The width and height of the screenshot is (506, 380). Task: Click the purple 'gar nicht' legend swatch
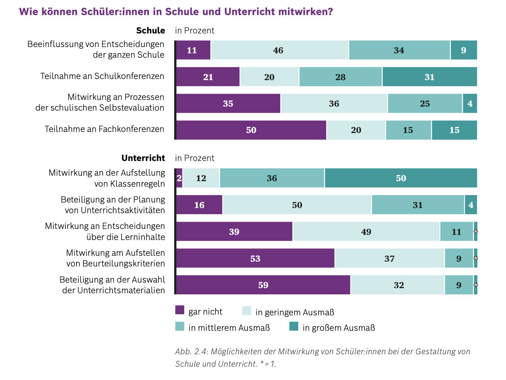coord(180,310)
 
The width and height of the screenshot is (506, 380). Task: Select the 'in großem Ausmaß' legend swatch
coord(294,326)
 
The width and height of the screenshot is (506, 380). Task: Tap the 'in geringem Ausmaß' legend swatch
coord(246,311)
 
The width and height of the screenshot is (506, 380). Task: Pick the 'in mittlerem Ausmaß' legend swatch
coord(180,326)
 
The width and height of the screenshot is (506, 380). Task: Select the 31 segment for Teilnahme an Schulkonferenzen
coord(430,77)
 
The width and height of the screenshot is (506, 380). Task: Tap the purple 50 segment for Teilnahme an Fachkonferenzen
coord(251,130)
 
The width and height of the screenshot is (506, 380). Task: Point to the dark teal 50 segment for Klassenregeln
coord(401,178)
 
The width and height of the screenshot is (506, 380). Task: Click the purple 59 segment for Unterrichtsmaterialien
coord(263,285)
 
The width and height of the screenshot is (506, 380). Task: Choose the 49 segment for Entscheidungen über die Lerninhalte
coord(366,232)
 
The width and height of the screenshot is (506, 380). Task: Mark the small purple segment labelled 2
coord(179,178)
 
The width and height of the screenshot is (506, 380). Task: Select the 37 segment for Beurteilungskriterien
coord(389,258)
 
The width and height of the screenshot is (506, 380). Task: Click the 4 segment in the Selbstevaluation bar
coord(470,104)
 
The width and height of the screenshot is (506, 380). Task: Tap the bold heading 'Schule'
coord(150,31)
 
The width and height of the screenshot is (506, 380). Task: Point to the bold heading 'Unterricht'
coord(143,158)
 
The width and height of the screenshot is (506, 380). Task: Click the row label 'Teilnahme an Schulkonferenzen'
coord(102,76)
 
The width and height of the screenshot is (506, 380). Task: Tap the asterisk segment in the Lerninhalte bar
coord(475,232)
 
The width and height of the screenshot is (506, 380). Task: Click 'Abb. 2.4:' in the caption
coord(191,351)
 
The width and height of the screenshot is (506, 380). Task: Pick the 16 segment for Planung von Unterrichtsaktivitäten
coord(199,205)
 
